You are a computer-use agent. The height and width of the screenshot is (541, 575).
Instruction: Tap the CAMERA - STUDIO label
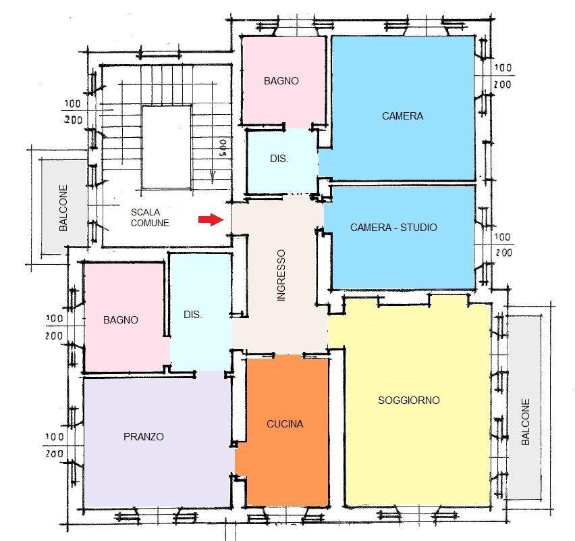393,228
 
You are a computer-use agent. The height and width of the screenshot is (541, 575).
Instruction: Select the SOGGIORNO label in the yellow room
408,401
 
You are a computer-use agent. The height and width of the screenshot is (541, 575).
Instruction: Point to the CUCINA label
285,424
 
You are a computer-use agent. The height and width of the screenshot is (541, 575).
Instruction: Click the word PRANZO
144,437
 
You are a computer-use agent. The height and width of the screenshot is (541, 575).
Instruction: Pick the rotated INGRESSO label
281,275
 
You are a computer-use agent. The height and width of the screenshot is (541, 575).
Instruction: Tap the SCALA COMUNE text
150,217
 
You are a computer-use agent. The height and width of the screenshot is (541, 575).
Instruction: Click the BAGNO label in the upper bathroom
281,80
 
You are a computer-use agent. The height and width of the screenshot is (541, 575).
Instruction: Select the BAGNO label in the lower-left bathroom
121,320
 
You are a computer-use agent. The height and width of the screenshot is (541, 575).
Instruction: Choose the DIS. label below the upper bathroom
279,159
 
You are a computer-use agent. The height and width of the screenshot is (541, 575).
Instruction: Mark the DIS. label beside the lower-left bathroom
193,315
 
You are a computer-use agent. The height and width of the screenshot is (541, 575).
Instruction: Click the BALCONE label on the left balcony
63,208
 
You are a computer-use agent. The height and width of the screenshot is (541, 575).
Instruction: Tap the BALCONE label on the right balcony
526,423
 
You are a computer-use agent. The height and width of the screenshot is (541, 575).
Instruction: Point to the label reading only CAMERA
402,115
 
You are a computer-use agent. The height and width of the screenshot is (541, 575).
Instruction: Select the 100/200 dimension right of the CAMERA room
503,76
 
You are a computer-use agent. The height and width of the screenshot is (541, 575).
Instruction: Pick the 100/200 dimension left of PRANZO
54,445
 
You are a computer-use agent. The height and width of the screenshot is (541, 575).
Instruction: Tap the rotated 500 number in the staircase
221,147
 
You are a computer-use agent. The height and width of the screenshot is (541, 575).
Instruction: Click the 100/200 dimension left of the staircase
74,112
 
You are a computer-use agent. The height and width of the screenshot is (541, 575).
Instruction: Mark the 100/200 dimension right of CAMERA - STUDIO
503,245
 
